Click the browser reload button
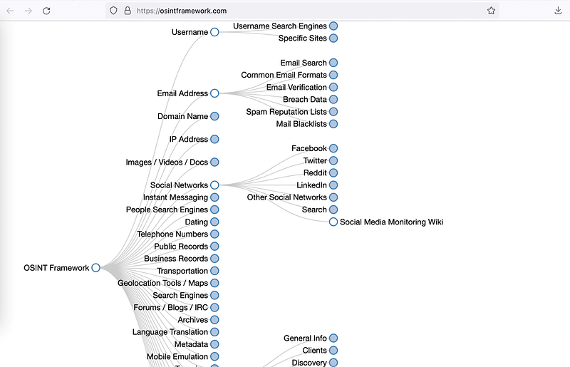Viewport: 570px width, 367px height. [x=46, y=11]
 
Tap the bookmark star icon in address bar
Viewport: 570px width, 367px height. [x=491, y=11]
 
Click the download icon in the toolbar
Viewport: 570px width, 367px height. [x=558, y=11]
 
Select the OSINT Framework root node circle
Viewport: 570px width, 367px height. [x=95, y=268]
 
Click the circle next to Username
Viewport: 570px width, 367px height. [x=214, y=32]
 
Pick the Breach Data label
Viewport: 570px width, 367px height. [x=305, y=99]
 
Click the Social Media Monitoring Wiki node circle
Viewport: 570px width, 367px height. [x=333, y=222]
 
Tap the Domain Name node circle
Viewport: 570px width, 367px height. [x=214, y=116]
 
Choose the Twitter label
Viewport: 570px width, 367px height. [x=315, y=160]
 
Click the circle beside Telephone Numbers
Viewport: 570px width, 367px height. [x=214, y=234]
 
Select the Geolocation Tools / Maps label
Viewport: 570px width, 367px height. [x=162, y=283]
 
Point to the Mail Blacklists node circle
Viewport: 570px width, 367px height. [x=333, y=124]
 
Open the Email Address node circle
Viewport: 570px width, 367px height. [x=214, y=93]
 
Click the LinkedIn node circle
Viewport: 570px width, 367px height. [x=333, y=185]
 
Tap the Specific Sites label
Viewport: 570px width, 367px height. [x=302, y=38]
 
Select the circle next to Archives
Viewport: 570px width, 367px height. [x=214, y=320]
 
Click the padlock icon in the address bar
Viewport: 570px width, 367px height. [x=128, y=11]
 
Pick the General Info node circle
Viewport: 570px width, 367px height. [x=333, y=338]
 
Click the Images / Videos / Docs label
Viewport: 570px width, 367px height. [x=167, y=162]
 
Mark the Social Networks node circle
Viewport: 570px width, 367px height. [x=214, y=185]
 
